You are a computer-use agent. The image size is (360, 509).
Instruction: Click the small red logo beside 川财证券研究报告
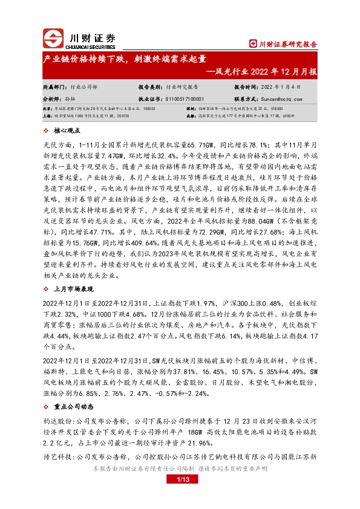click(252, 44)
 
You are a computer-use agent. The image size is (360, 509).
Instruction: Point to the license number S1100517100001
click(182, 97)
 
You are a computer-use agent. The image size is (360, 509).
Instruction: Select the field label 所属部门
click(56, 86)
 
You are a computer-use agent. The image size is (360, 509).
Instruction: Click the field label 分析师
click(53, 97)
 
